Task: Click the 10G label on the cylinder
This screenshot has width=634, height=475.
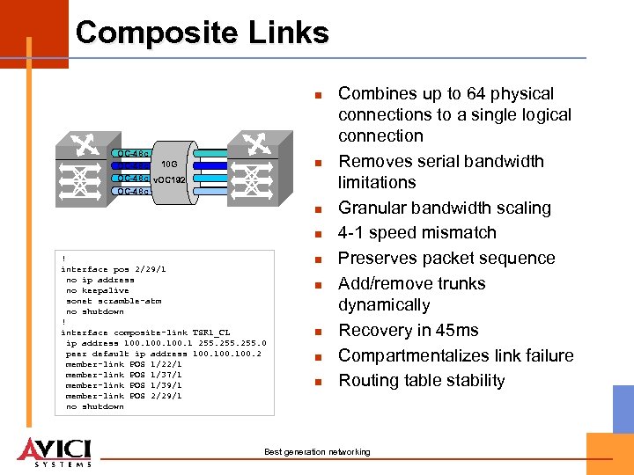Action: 170,164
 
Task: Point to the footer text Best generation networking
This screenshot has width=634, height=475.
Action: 317,452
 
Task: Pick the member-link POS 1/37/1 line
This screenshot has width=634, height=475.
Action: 123,375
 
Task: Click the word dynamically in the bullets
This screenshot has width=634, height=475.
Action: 384,305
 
